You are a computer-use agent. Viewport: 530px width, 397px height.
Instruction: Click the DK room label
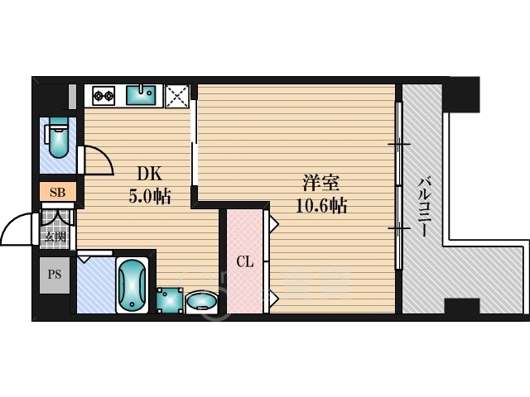pos(150,175)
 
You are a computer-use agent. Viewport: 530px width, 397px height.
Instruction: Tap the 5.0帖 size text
pos(150,196)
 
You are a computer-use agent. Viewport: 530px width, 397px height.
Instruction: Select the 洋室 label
pos(320,183)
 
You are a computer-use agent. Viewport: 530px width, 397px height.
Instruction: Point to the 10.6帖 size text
pos(321,205)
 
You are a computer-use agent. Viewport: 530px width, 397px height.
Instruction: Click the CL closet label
pos(245,261)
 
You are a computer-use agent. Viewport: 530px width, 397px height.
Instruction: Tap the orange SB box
pos(57,192)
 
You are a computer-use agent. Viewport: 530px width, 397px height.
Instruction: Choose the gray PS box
pos(55,275)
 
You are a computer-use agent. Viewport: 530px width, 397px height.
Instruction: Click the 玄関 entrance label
pos(55,237)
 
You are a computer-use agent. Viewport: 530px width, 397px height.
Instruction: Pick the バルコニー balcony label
pos(423,207)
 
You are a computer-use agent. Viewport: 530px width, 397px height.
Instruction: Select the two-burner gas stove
pos(104,96)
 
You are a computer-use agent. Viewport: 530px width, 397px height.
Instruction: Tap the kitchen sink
pos(141,96)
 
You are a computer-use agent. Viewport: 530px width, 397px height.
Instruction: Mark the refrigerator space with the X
pos(177,97)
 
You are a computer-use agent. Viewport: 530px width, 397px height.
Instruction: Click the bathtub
pos(132,285)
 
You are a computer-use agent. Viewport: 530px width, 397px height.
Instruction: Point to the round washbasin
pos(201,300)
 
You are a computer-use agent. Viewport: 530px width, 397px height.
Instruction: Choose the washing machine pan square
pos(170,300)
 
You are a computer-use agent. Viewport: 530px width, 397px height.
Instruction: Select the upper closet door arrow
pos(273,223)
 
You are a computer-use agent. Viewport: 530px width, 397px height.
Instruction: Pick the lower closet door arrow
pos(273,299)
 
